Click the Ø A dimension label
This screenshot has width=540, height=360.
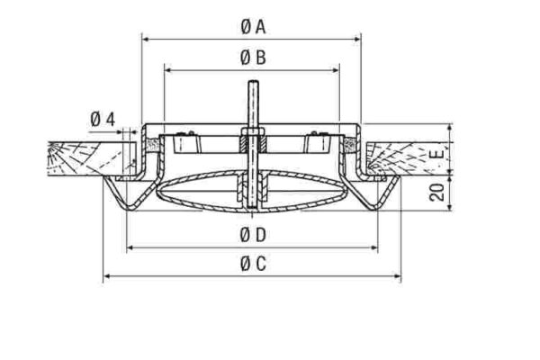[253, 28]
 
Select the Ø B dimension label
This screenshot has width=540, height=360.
[253, 58]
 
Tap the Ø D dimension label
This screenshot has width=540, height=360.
[253, 236]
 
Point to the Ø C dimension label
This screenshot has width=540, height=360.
[253, 264]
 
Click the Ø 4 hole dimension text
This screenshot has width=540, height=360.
[103, 120]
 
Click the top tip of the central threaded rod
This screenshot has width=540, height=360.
[249, 85]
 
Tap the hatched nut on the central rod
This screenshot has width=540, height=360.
[249, 142]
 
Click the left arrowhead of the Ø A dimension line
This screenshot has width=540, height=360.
[146, 38]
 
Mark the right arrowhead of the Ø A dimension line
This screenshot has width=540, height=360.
[359, 38]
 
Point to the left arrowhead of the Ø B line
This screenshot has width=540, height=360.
[166, 67]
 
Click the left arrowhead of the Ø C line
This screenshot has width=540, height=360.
[104, 275]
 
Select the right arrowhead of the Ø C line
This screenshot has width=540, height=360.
[400, 275]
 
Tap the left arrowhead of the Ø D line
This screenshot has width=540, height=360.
[128, 247]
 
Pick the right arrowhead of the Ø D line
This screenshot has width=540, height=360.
[377, 247]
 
